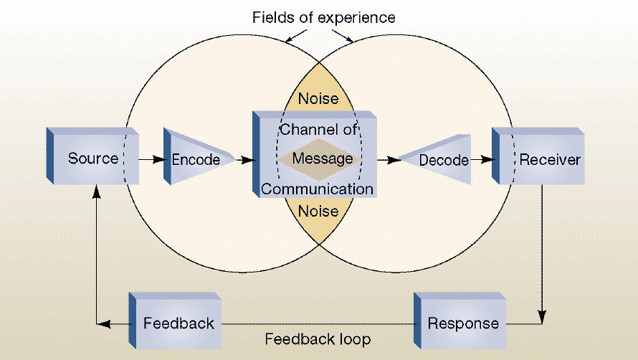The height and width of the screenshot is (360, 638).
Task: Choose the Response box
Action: tap(463, 323)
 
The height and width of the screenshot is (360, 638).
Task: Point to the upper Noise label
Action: tap(318, 98)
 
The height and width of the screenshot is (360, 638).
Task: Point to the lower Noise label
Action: tap(318, 211)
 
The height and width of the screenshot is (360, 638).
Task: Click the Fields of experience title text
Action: tap(323, 16)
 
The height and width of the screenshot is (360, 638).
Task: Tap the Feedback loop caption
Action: tap(318, 338)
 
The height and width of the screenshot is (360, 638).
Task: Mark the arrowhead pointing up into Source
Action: tap(96, 192)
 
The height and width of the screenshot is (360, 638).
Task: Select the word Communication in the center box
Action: tap(317, 189)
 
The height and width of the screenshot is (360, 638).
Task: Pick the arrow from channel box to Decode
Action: tap(387, 160)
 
